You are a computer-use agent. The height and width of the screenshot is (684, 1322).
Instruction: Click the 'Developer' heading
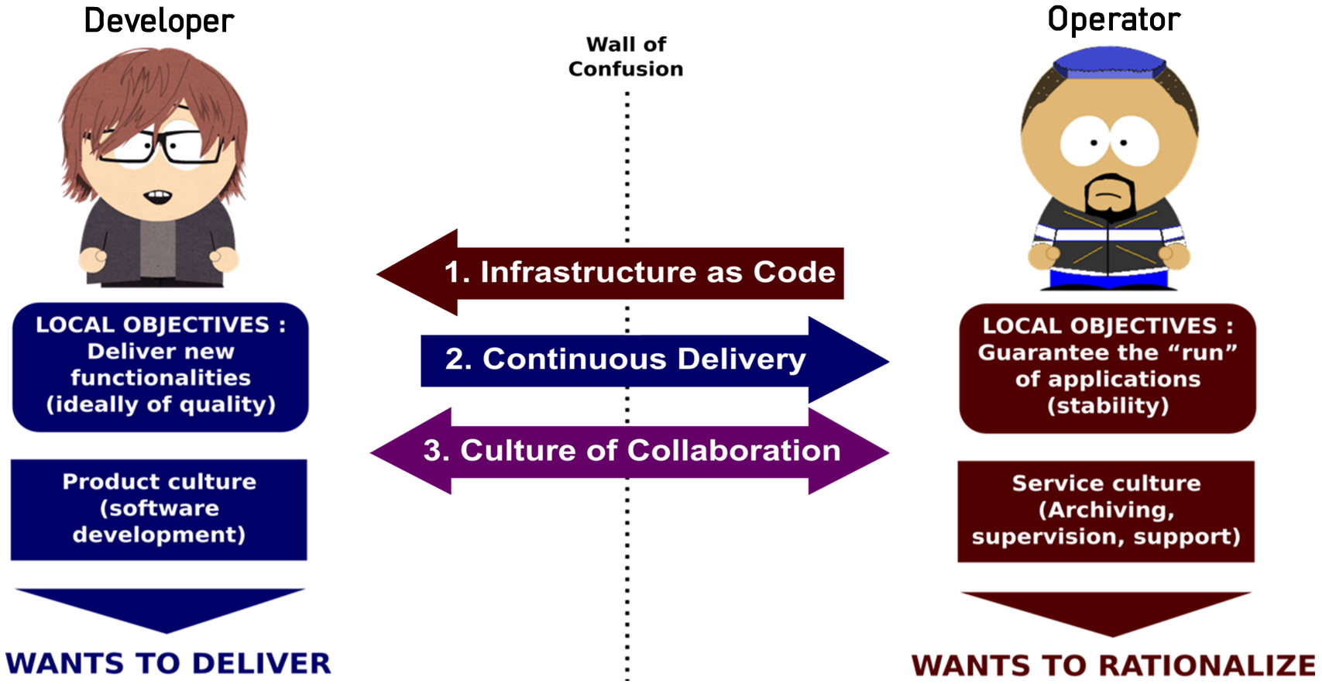[x=159, y=21]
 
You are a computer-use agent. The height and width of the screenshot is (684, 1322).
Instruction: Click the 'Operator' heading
[x=1114, y=19]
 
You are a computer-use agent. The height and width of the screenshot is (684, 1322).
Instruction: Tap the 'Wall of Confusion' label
[x=626, y=57]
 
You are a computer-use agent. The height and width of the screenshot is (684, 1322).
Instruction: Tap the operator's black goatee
[x=1110, y=198]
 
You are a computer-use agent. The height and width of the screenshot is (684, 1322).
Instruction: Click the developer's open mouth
[x=159, y=197]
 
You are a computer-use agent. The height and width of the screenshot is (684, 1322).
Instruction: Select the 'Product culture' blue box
[x=159, y=509]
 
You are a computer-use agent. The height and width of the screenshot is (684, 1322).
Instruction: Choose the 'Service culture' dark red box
[x=1106, y=510]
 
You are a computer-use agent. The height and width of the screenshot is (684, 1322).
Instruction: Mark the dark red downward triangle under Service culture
[x=1106, y=610]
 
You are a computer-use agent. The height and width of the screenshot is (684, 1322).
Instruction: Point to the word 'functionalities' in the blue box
[x=160, y=378]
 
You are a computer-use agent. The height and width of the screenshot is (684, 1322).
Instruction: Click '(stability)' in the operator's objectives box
[x=1107, y=406]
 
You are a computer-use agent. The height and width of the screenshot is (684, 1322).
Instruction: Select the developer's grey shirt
[x=158, y=246]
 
